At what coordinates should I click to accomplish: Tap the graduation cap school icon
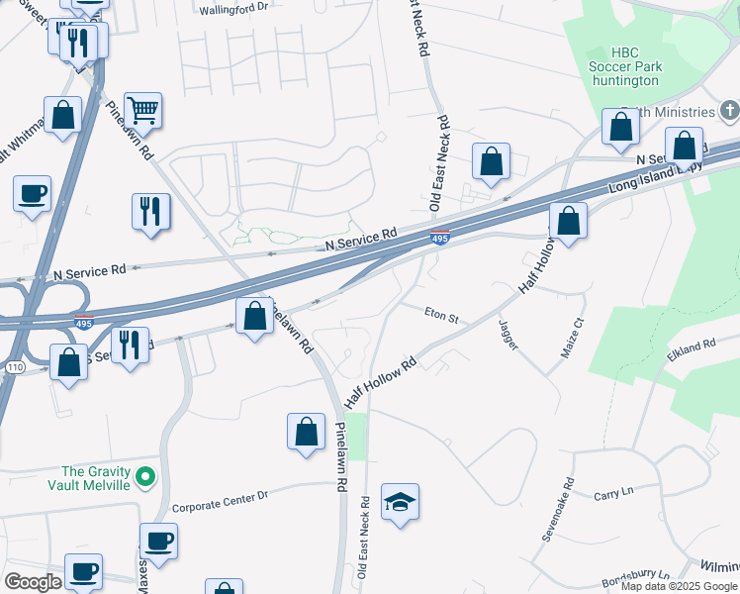click(400, 502)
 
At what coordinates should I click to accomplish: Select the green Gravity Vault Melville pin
click(145, 478)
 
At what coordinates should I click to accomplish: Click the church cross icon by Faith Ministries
click(730, 111)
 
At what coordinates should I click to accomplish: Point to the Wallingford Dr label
click(233, 8)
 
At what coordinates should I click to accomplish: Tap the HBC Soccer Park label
click(635, 66)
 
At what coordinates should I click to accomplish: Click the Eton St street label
click(441, 318)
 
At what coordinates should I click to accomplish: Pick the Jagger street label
click(509, 335)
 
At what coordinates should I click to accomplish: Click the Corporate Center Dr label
click(220, 501)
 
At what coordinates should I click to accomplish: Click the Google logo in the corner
click(33, 582)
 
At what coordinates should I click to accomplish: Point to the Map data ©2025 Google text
click(678, 586)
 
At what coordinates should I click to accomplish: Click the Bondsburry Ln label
click(635, 575)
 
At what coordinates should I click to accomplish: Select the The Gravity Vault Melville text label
click(96, 478)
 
